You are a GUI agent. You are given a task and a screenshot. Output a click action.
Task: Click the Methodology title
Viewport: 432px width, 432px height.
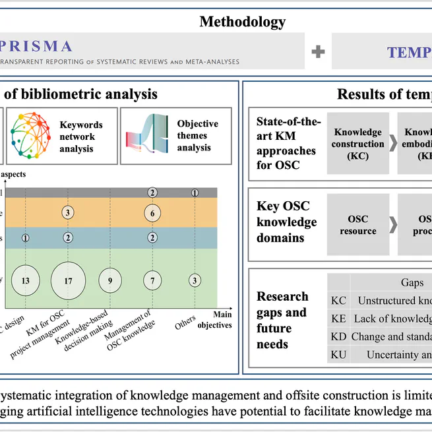[243, 22]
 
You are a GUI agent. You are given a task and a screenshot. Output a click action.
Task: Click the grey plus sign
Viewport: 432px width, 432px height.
[319, 51]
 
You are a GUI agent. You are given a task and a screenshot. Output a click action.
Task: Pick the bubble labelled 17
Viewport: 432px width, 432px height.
[69, 280]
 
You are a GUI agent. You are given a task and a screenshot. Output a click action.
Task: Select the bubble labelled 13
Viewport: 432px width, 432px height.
[26, 280]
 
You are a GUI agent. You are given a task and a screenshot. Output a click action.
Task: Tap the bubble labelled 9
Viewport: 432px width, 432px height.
[110, 280]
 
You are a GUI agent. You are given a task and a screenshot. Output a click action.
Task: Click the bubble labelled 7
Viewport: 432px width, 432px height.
[152, 280]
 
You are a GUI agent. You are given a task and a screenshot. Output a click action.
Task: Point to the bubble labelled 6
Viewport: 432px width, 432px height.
[152, 213]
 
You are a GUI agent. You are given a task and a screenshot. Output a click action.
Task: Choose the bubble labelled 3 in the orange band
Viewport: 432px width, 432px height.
[69, 212]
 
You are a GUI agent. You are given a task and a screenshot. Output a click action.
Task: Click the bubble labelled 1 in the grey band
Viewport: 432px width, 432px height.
[195, 193]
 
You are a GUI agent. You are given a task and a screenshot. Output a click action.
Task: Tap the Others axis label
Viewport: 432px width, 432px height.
[186, 322]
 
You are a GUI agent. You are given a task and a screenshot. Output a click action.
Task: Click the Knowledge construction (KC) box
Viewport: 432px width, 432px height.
[358, 143]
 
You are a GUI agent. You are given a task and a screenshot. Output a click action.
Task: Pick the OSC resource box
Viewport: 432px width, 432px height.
[358, 226]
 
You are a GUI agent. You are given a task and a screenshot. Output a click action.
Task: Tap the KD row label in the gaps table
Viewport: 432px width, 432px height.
[338, 337]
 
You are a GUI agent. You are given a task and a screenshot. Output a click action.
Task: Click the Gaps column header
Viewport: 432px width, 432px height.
[412, 282]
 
